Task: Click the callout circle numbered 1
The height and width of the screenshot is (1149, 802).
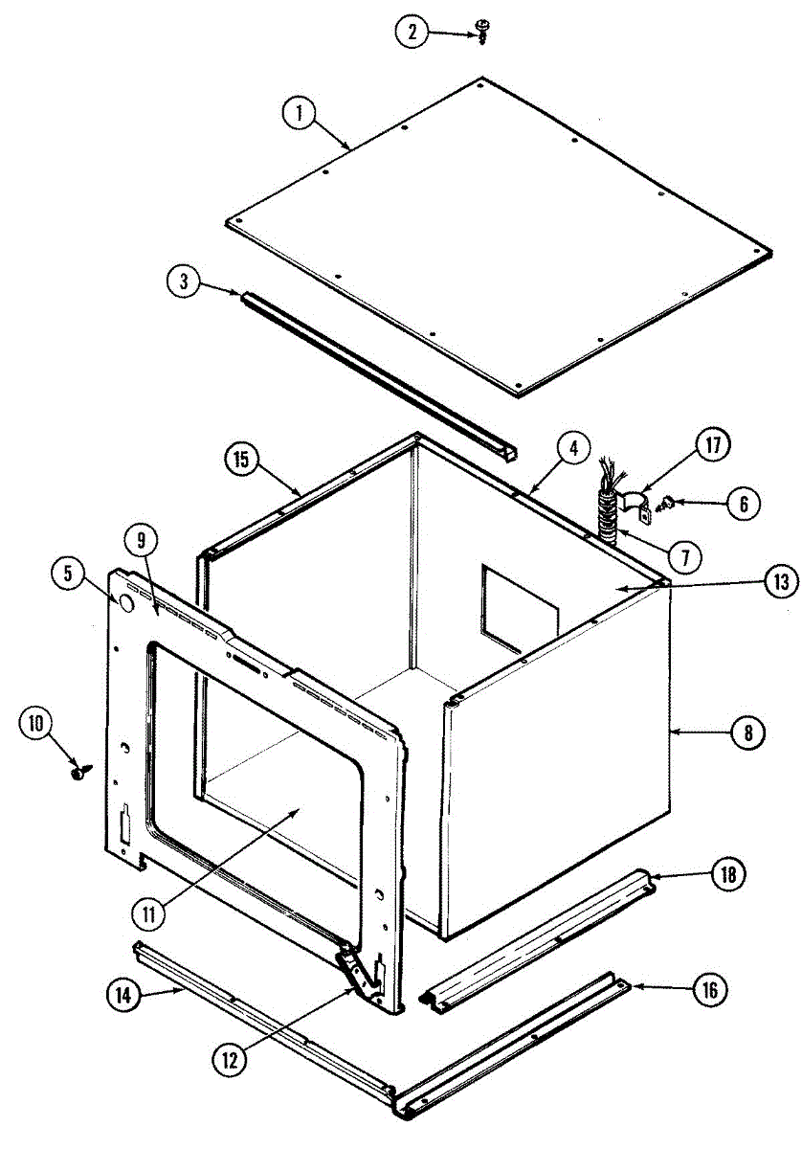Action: pyautogui.click(x=299, y=114)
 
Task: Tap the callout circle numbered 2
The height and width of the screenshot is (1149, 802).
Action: pyautogui.click(x=412, y=32)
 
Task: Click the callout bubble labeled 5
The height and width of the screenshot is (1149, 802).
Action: pyautogui.click(x=68, y=575)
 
